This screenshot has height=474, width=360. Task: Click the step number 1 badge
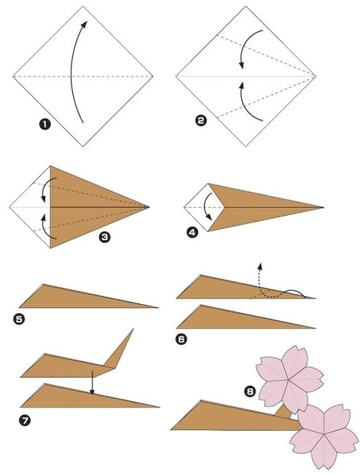click(x=44, y=124)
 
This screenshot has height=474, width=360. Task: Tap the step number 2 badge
click(x=201, y=120)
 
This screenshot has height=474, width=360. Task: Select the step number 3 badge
click(x=104, y=237)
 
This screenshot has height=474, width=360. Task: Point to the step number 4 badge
click(x=192, y=233)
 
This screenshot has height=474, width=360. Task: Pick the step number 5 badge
click(x=19, y=319)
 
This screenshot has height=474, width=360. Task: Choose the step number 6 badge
click(x=181, y=339)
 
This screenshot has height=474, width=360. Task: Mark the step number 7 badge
click(x=25, y=420)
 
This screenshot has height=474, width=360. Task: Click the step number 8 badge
click(x=250, y=392)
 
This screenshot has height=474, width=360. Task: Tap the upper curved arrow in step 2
click(x=246, y=45)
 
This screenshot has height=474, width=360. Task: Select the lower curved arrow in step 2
click(x=246, y=105)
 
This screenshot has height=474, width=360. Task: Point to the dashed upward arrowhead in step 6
click(x=259, y=266)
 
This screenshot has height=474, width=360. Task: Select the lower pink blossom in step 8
click(x=324, y=436)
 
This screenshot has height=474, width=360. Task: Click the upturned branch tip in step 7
click(x=133, y=329)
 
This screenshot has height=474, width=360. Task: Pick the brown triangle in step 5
click(x=76, y=298)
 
